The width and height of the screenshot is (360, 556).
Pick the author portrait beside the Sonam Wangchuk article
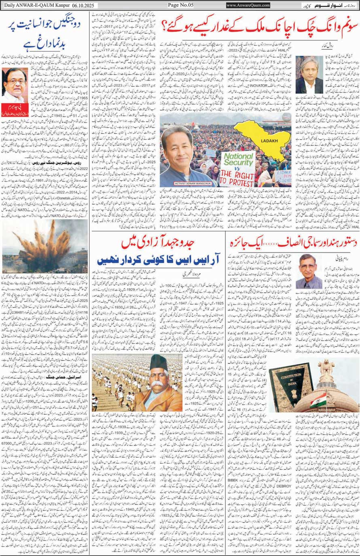coord(309,75)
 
